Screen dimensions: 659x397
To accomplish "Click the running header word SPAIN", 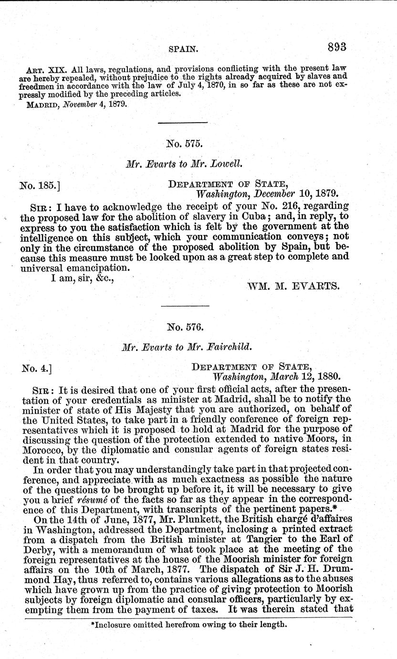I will (184, 49).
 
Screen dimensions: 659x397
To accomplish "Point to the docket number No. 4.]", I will (37, 368).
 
